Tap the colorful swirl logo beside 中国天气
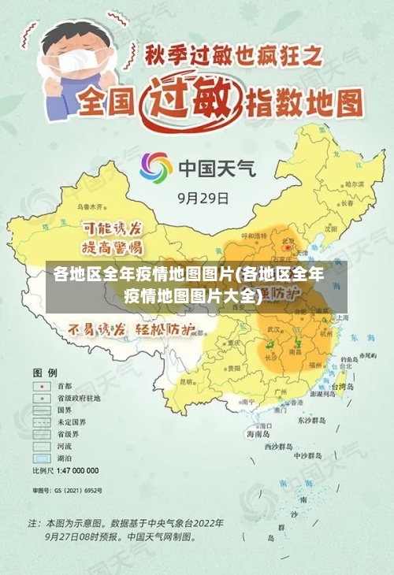[156, 168]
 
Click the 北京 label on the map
[289, 241]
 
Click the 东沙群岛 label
[310, 420]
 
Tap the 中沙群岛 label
[307, 455]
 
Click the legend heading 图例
[44, 371]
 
